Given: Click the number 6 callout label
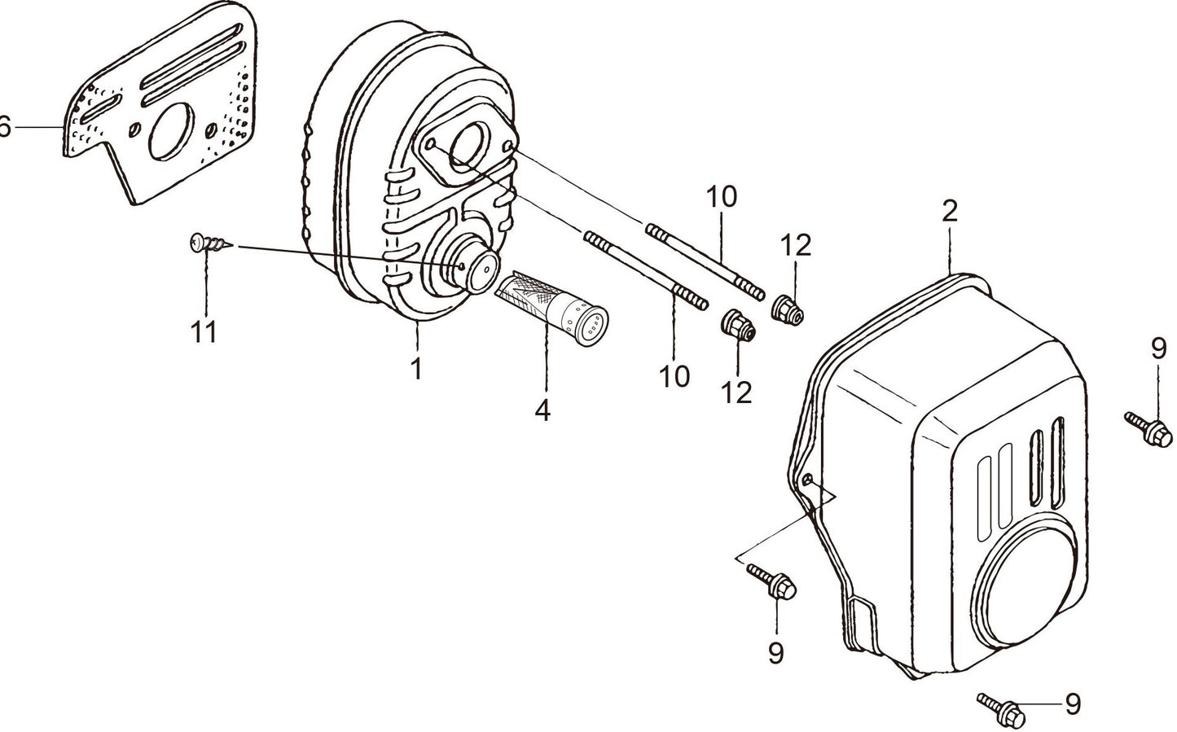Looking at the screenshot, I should tap(5, 127).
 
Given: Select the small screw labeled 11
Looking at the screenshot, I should tap(208, 242).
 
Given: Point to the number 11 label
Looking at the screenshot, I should tap(204, 331).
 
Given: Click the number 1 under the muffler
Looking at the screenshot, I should tap(416, 368).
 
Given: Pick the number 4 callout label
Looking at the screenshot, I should tap(542, 410).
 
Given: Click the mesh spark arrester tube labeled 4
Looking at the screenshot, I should tap(550, 304).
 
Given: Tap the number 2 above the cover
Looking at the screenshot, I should tap(949, 212).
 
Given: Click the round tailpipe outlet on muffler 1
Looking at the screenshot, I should tap(479, 266).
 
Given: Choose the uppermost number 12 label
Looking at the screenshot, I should tap(797, 245).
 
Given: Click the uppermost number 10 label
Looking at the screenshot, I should tap(721, 196).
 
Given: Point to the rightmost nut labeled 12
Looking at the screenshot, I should tap(786, 309).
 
